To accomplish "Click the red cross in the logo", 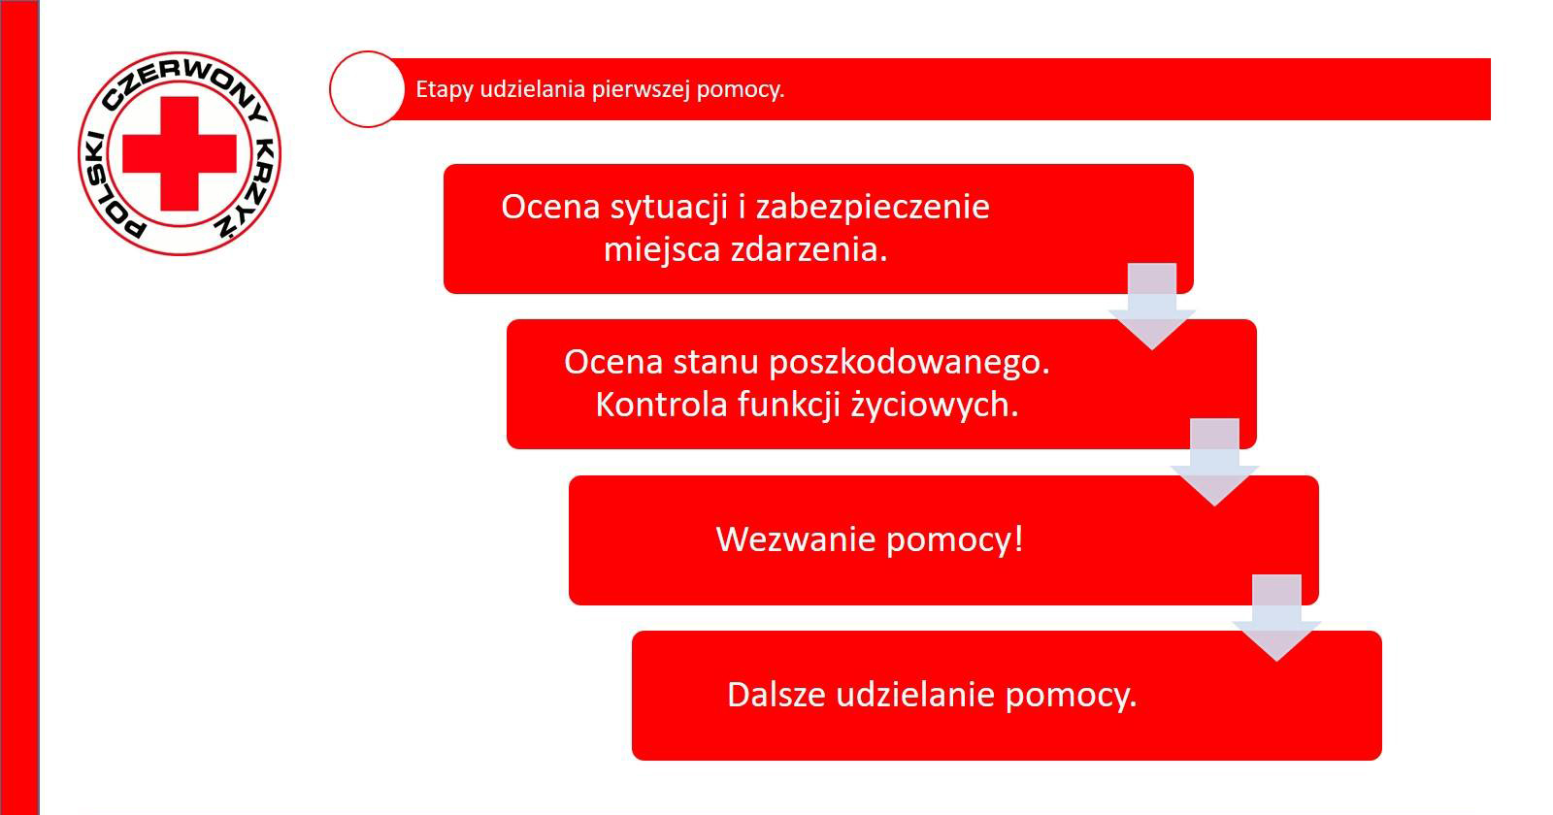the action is [180, 153].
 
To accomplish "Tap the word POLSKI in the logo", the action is [111, 187].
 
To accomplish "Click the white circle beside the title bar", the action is [367, 89].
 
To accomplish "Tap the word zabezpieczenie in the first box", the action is [873, 208].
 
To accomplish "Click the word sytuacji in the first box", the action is [669, 208].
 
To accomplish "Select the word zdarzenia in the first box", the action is [809, 249].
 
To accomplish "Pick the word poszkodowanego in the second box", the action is [909, 363].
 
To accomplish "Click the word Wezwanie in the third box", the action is [796, 539].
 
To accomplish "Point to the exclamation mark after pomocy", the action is [1018, 538].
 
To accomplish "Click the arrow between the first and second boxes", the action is [1151, 307].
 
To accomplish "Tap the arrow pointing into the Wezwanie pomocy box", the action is [1214, 462].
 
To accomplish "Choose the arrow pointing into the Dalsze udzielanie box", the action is [1276, 618].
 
